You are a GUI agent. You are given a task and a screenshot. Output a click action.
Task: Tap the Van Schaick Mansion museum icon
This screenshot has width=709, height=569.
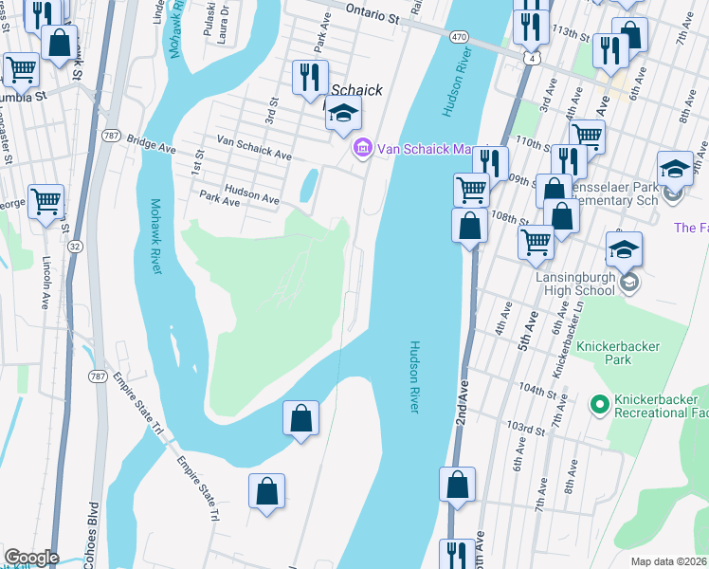pos(360,148)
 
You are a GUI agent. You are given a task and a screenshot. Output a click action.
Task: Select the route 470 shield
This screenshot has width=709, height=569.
pos(460,36)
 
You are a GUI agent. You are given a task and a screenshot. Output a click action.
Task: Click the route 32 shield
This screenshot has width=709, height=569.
pos(75,245)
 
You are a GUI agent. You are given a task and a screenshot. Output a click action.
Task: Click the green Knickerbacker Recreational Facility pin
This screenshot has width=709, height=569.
pos(598,405)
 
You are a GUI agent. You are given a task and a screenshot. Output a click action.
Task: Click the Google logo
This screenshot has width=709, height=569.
pos(31,558)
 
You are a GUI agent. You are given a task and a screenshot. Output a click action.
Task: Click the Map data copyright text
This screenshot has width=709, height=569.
pos(669,561)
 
